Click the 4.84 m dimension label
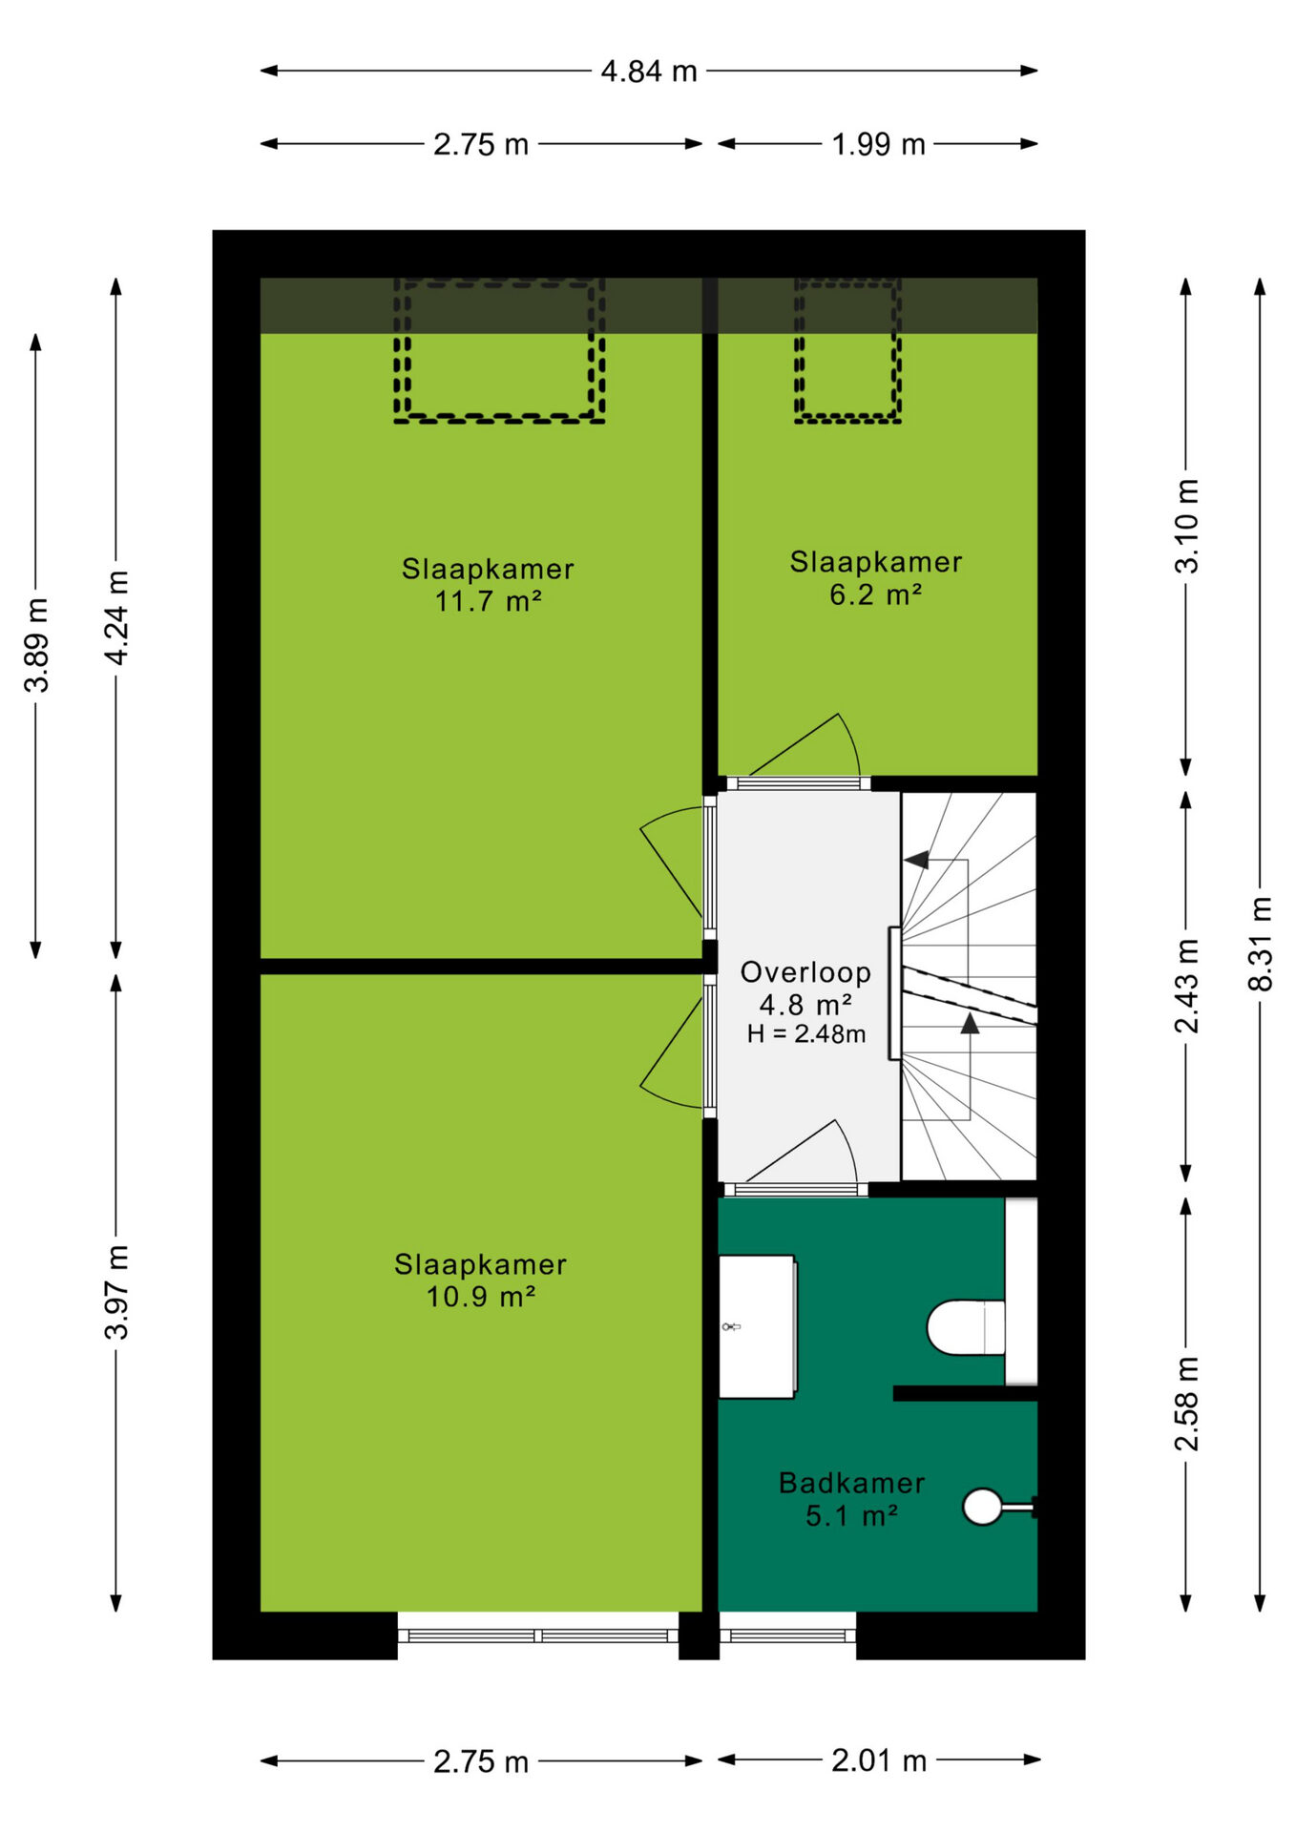pos(649,72)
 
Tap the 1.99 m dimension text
pos(878,145)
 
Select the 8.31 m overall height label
pos(1261,944)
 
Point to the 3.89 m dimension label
pos(37,645)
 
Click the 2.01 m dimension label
pos(879,1760)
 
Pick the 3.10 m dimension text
pos(1186,526)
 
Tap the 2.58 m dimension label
pos(1186,1404)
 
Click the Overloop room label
pos(805,972)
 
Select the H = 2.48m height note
pos(806,1034)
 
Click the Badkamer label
pos(851,1483)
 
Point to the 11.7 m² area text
pos(489,602)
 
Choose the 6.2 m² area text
pos(875,595)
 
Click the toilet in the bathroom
pos(966,1327)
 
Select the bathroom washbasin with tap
pos(757,1326)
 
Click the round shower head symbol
pos(982,1507)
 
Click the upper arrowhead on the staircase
pos(916,860)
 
